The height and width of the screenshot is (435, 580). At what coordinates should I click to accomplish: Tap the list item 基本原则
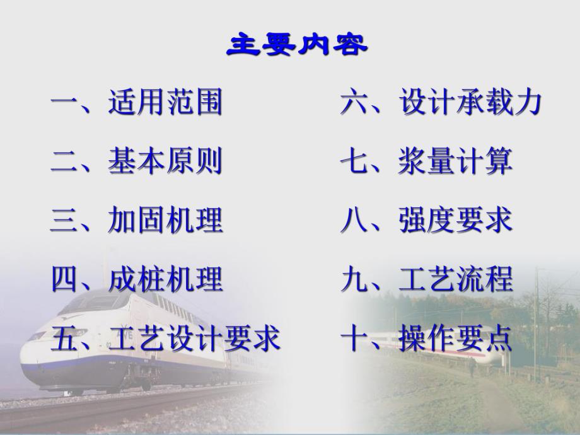click(x=165, y=161)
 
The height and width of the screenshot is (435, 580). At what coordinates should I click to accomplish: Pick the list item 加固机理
click(x=165, y=220)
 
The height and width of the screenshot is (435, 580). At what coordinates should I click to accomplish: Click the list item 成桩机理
click(x=165, y=279)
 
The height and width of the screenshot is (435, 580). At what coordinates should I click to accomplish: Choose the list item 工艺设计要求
click(x=194, y=339)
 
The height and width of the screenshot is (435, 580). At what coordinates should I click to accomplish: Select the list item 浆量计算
click(x=456, y=161)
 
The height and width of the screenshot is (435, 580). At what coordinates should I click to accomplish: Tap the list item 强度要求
click(x=456, y=220)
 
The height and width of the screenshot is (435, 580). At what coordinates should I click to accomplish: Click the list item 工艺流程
click(x=456, y=279)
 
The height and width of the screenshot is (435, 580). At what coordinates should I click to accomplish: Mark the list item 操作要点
click(x=456, y=339)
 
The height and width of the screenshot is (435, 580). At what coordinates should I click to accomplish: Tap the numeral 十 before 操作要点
click(x=355, y=339)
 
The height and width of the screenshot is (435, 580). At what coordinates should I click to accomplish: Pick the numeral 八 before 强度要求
click(x=355, y=220)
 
